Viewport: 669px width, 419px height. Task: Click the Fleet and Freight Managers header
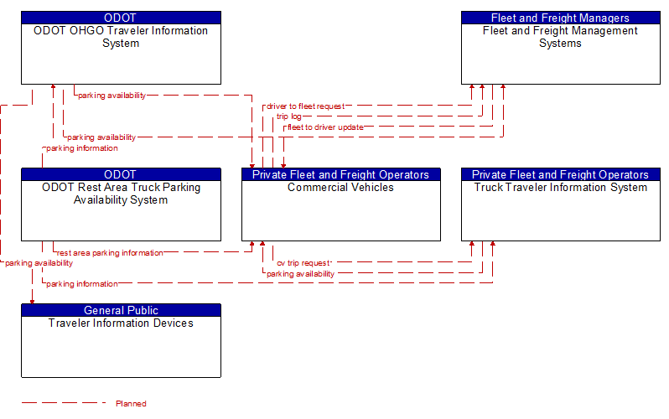pos(560,18)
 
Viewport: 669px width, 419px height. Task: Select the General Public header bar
pos(122,310)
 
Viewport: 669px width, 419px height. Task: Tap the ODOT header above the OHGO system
pos(122,18)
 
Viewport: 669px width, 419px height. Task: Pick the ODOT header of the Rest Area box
pos(122,174)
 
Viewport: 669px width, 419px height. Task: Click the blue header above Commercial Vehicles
pos(341,174)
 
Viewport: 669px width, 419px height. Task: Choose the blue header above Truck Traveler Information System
pos(560,174)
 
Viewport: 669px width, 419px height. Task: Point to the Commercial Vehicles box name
pos(340,188)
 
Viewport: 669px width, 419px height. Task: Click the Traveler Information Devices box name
pos(121,323)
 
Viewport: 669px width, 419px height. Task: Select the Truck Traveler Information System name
pos(561,188)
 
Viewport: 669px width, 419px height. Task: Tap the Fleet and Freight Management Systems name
pos(560,37)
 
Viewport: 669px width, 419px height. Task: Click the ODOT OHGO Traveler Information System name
pos(121,37)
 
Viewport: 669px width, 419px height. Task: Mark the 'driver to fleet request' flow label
pos(305,106)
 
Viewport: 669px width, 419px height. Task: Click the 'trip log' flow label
pos(289,116)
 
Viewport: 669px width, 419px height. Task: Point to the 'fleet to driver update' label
pos(325,127)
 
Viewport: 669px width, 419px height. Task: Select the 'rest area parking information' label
pos(110,253)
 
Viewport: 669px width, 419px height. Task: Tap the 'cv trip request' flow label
pos(303,263)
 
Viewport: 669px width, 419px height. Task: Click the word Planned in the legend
pos(131,404)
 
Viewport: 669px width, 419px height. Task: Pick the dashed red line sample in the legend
pos(64,403)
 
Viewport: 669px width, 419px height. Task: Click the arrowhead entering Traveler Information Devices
pos(32,301)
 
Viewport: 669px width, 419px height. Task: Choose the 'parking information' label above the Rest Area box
pos(82,148)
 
